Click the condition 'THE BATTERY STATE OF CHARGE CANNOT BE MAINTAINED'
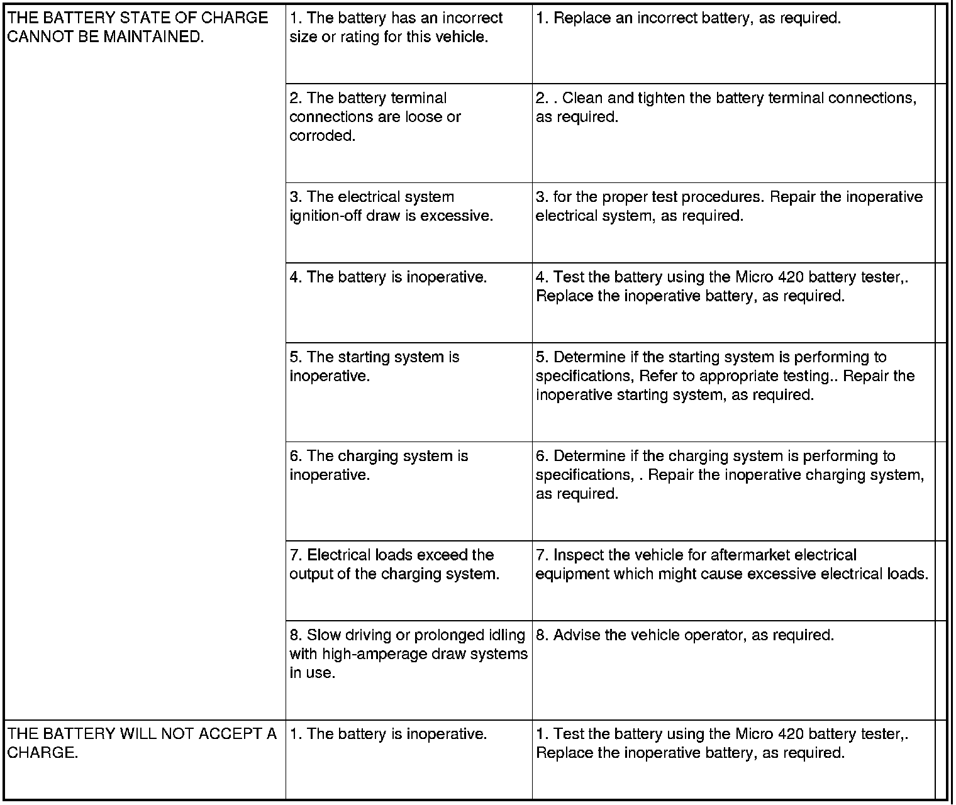(x=137, y=27)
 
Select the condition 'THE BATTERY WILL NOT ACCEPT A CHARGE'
(x=142, y=743)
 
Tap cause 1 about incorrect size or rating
(x=396, y=27)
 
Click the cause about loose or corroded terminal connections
(x=375, y=117)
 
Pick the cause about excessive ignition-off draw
(x=391, y=206)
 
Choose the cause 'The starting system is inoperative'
(x=374, y=367)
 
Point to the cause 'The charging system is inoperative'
(x=379, y=465)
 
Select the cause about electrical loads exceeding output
(x=394, y=564)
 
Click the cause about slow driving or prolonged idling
(x=408, y=653)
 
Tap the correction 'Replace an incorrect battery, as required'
(x=688, y=18)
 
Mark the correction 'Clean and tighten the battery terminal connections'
(x=726, y=108)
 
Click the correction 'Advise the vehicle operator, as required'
(x=685, y=635)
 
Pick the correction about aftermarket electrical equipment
(x=731, y=564)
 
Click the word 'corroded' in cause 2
(x=322, y=136)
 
